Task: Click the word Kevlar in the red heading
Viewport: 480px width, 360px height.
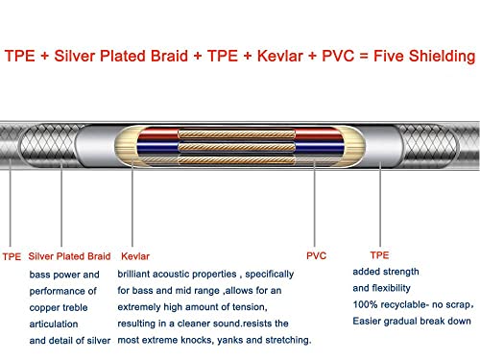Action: [280, 56]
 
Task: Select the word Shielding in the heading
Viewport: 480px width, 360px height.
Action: [442, 57]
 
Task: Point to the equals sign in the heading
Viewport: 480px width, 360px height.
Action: [364, 57]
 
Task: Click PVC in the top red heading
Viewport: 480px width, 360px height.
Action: [338, 56]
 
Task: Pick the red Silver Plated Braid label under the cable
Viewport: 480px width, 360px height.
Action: [69, 256]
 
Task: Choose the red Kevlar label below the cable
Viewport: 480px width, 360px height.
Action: [135, 256]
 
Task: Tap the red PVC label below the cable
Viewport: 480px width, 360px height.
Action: [316, 255]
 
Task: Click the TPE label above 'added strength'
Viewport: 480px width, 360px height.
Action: [379, 255]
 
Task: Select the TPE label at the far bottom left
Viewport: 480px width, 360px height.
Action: [12, 256]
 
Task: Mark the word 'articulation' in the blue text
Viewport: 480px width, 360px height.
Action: [54, 324]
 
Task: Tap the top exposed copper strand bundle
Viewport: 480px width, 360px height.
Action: [236, 134]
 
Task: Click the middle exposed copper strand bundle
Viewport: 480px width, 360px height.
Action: [236, 147]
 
